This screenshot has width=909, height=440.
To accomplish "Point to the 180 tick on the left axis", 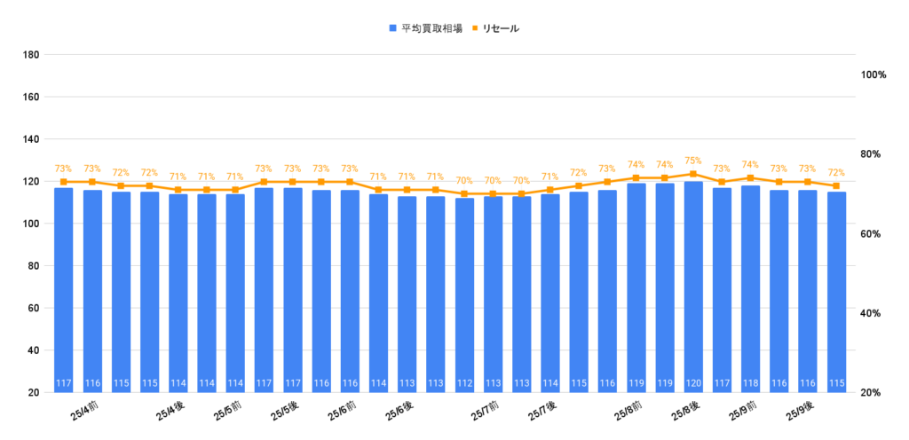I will point(31,55).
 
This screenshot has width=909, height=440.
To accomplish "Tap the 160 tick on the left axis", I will point(31,97).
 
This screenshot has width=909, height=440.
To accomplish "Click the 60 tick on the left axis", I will point(34,308).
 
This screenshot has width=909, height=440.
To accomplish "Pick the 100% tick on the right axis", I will point(874,75).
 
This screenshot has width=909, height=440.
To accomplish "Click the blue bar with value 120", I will point(693,284).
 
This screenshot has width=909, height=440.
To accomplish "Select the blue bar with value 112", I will point(464,293).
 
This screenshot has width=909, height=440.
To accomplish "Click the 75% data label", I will point(693,161).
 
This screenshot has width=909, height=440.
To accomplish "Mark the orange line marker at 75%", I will point(693,174).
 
